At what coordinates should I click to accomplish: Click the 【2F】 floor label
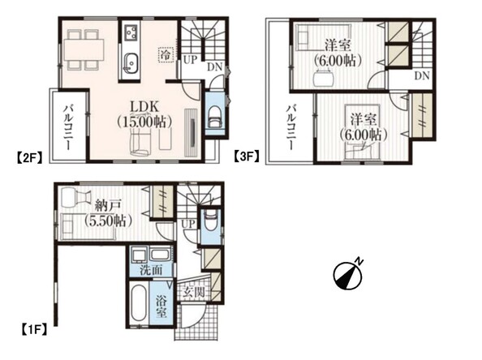[x=28, y=157]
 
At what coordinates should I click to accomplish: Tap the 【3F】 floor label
[x=247, y=156]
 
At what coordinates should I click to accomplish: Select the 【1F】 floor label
[x=34, y=329]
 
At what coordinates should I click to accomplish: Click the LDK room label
[x=144, y=107]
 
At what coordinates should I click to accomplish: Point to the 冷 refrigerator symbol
[x=166, y=55]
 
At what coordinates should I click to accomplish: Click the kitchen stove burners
[x=131, y=32]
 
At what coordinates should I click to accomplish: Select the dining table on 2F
[x=84, y=49]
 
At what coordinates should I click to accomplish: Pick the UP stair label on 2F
[x=190, y=59]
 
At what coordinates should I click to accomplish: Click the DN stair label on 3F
[x=422, y=75]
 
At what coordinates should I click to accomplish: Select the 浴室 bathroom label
[x=161, y=306]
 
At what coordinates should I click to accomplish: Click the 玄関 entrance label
[x=193, y=292]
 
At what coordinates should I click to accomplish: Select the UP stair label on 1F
[x=187, y=225]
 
